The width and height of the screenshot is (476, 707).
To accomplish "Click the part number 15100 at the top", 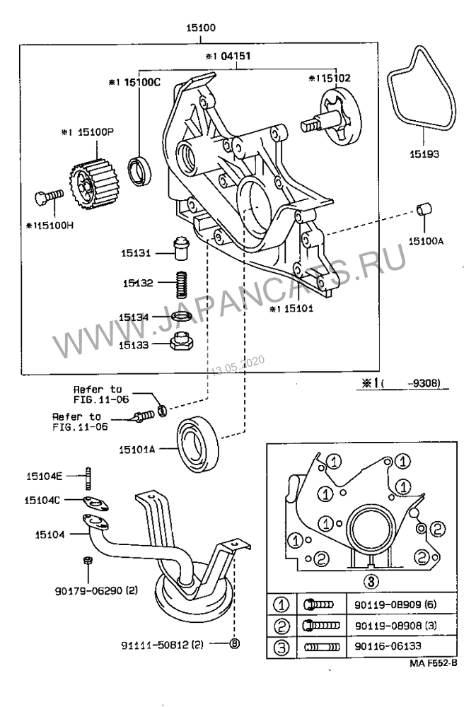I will pos(201,28).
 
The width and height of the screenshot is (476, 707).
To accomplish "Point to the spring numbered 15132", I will pos(183,284).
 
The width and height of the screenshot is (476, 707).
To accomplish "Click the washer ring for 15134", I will pos(182,317).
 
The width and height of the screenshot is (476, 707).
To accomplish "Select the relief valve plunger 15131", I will pos(182,249).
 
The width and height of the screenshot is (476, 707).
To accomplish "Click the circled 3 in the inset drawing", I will pos(368,581).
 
